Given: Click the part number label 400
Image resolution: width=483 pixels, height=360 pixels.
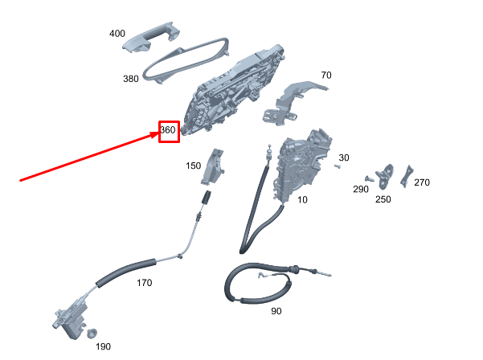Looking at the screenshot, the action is click(x=117, y=33).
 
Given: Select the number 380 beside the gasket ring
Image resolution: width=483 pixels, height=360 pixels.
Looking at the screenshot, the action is click(x=131, y=79).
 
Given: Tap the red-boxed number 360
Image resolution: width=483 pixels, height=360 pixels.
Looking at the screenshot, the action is click(x=168, y=130).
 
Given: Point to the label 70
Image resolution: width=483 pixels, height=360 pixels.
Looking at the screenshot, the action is click(x=326, y=76).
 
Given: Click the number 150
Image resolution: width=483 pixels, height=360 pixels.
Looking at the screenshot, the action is click(x=193, y=166).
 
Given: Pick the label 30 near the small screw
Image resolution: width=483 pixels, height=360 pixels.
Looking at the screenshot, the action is click(x=344, y=157).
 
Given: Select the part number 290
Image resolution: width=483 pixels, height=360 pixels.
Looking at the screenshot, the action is click(x=361, y=189).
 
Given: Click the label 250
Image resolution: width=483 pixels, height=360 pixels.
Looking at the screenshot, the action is click(x=383, y=199).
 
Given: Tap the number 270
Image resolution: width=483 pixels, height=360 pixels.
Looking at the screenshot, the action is click(x=422, y=182).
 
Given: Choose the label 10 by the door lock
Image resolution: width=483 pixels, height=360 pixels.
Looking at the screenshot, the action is click(x=302, y=200).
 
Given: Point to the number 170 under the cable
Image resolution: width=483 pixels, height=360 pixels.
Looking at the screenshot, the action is click(x=144, y=283).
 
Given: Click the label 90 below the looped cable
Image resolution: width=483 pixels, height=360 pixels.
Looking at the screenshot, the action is click(x=276, y=311).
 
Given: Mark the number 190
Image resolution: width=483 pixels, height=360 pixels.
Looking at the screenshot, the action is click(x=103, y=347).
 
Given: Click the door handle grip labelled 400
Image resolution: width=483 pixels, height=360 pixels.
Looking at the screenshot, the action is click(x=151, y=37).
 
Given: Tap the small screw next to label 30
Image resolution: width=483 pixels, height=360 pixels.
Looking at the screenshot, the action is click(x=338, y=166).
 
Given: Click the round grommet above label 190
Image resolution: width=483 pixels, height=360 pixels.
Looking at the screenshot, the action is click(x=92, y=333).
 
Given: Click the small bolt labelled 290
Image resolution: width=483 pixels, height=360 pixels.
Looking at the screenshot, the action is click(x=369, y=179).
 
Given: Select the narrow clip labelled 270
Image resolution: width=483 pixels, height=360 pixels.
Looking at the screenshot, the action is click(x=407, y=177).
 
